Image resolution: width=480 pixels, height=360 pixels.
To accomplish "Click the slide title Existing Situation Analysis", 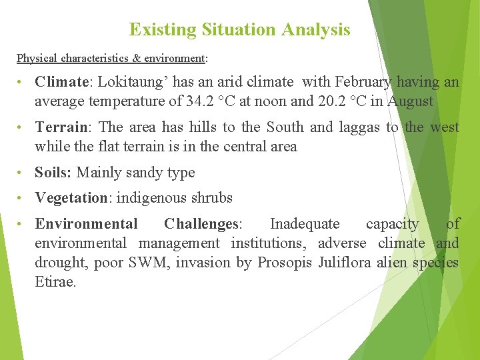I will tap(239, 30).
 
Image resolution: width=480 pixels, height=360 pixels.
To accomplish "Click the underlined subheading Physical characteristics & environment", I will tap(111, 59).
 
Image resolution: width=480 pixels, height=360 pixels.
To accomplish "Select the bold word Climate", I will tap(62, 82).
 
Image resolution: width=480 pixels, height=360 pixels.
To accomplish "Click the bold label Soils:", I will tap(53, 173).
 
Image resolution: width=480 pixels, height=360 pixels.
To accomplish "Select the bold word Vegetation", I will tap(71, 198).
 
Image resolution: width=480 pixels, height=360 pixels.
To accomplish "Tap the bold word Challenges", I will tap(200, 224).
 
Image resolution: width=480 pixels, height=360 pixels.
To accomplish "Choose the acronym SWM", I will tap(151, 263).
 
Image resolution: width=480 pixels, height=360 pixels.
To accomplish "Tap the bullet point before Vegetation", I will tap(23, 198).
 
